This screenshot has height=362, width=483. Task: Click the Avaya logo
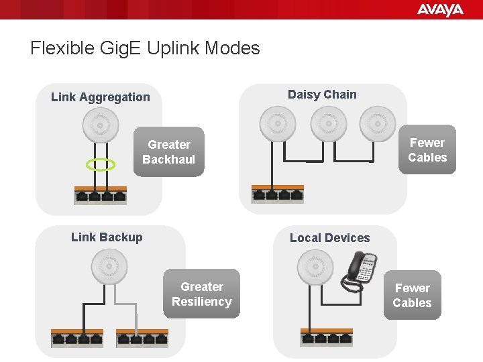[x=440, y=9]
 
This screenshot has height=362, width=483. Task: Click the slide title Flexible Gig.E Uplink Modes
[x=145, y=48]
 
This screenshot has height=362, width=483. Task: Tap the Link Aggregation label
[x=101, y=97]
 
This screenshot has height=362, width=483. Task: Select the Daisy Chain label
[x=322, y=95]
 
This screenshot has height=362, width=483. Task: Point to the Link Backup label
[x=107, y=237]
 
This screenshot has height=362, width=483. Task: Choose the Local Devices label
[x=329, y=238]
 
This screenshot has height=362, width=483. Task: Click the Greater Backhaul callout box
[x=169, y=152]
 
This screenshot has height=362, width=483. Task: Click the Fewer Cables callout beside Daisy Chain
[x=427, y=150]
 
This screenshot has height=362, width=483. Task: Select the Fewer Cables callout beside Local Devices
[x=412, y=296]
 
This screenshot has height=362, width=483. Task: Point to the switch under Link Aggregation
[x=101, y=194]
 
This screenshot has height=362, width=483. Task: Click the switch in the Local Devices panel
[x=326, y=337]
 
